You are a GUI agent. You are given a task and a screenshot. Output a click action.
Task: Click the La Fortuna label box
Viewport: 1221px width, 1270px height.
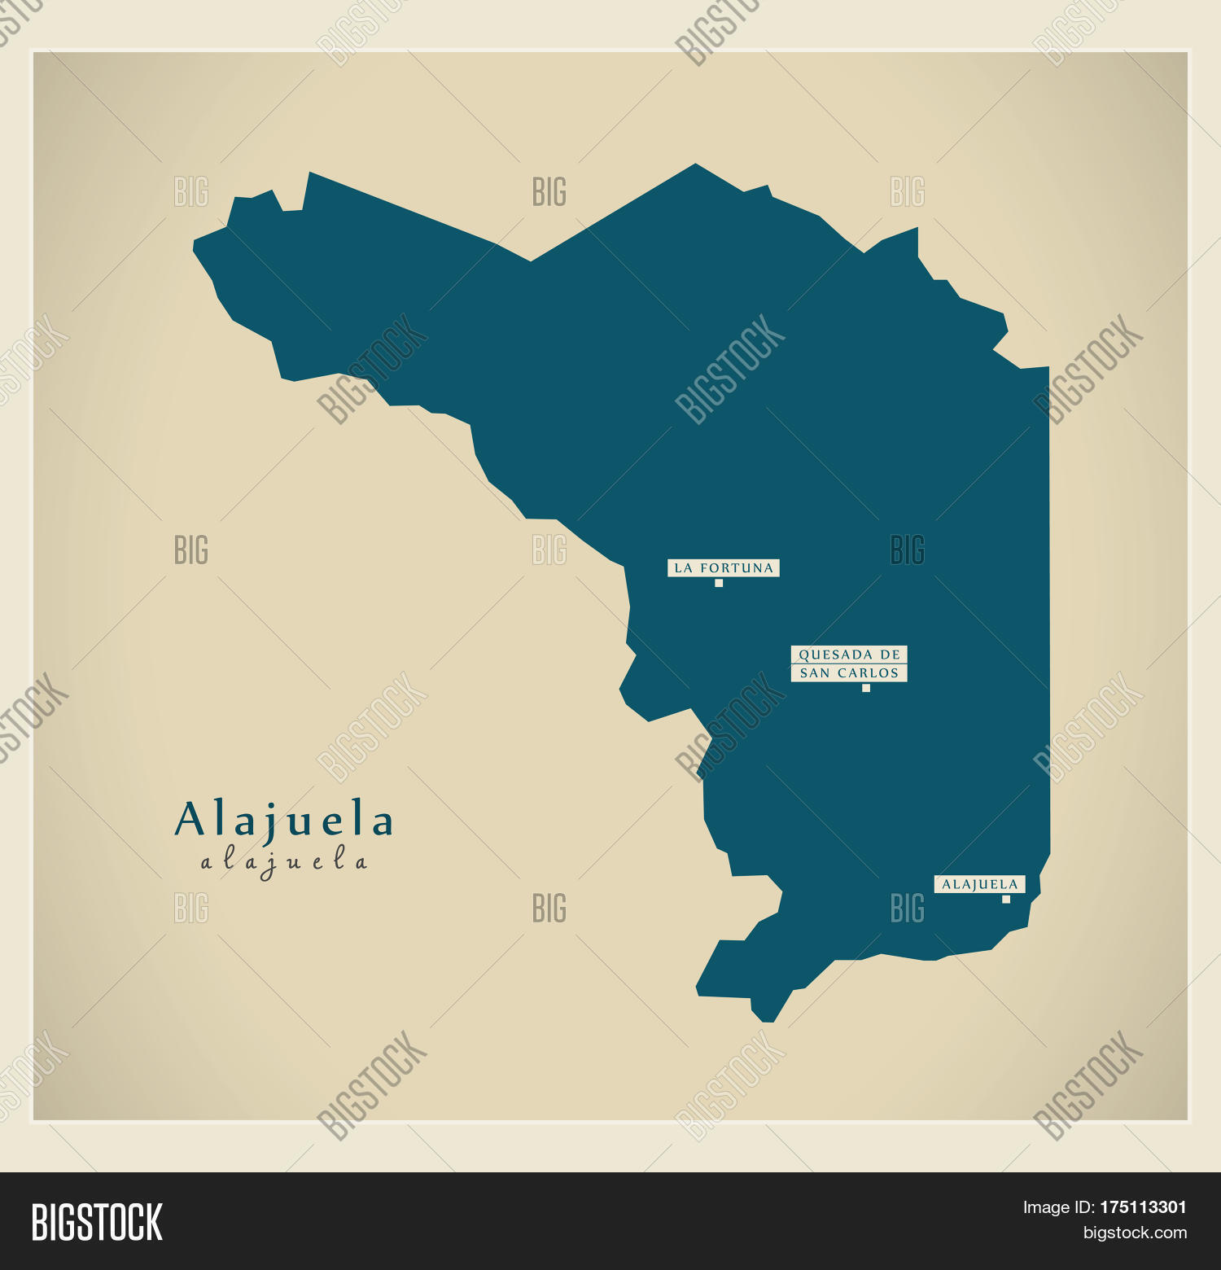[724, 567]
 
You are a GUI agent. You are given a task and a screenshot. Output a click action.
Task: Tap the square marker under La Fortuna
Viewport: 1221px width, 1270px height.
[719, 583]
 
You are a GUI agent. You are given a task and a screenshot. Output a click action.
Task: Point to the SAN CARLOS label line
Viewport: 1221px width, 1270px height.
[849, 673]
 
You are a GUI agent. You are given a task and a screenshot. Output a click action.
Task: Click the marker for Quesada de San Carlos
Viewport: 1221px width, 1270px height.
[866, 688]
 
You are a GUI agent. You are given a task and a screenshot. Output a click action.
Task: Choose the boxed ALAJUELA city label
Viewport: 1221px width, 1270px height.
[979, 884]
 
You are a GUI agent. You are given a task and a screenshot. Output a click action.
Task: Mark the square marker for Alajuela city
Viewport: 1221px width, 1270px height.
[1006, 900]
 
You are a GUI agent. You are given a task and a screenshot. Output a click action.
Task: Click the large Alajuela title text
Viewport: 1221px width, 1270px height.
[284, 820]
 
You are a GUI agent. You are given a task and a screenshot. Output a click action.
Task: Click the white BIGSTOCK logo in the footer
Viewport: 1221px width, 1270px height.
[97, 1222]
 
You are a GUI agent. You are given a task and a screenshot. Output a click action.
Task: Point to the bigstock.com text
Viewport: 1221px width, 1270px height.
[1135, 1233]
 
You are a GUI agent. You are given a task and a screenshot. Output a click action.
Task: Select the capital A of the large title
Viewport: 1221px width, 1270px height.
[190, 820]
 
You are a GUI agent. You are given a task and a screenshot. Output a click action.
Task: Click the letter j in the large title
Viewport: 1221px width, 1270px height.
[265, 824]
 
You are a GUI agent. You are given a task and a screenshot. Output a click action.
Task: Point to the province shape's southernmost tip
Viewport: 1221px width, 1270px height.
[767, 1021]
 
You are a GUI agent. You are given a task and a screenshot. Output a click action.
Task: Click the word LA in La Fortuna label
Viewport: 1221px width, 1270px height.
[683, 568]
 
